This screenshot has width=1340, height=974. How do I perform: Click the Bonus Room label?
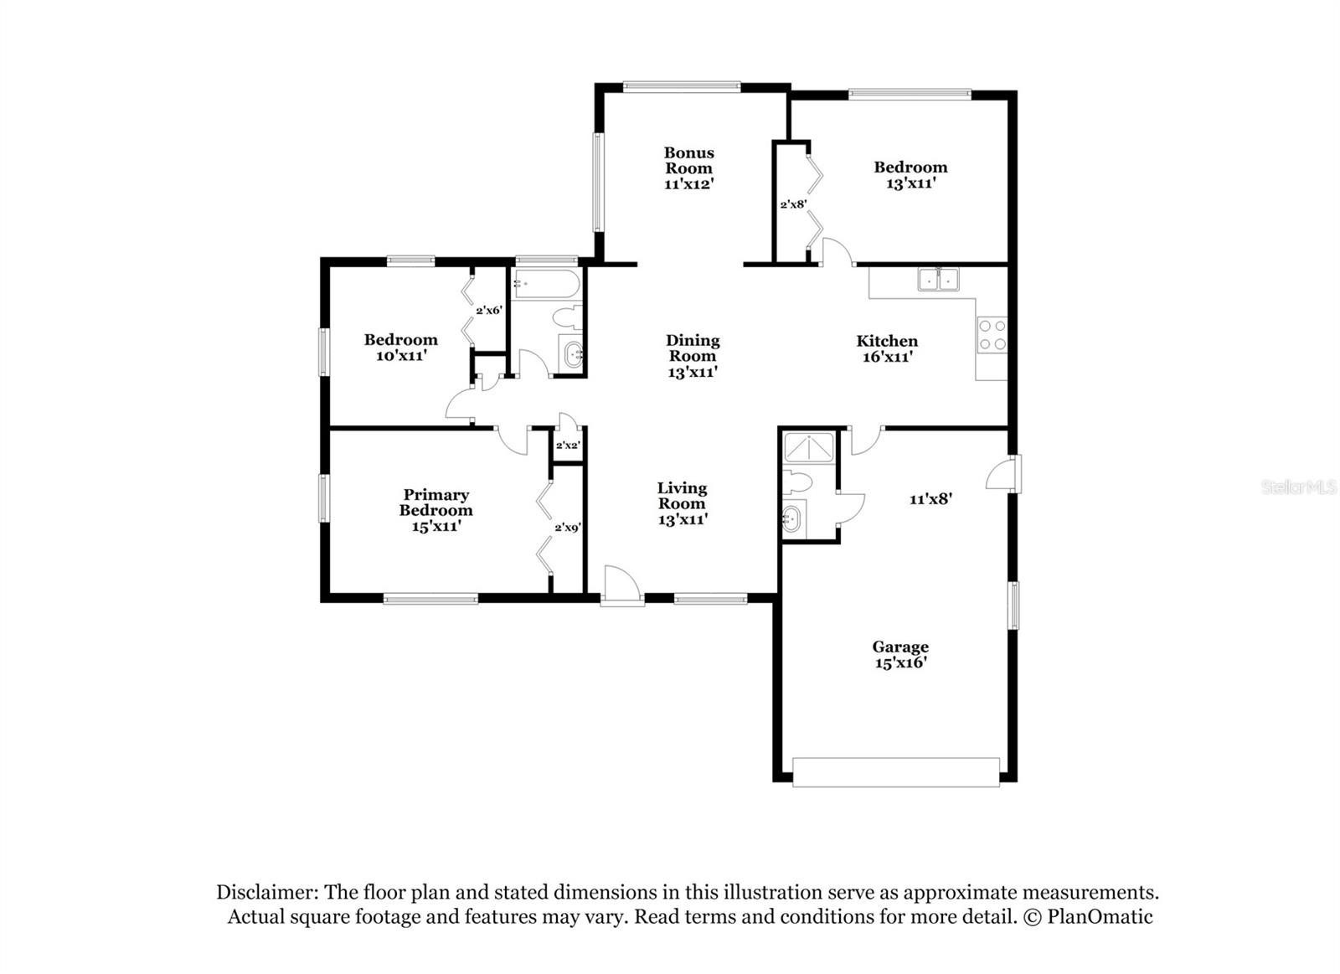pyautogui.click(x=688, y=160)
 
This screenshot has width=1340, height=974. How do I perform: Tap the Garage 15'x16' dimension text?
pyautogui.click(x=900, y=662)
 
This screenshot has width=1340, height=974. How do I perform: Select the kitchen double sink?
pyautogui.click(x=938, y=279)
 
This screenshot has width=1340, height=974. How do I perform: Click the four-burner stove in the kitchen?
pyautogui.click(x=992, y=335)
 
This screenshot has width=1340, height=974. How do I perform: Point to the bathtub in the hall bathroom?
pyautogui.click(x=546, y=284)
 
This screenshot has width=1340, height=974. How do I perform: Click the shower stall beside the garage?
pyautogui.click(x=808, y=448)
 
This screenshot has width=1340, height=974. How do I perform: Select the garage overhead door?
pyautogui.click(x=895, y=771)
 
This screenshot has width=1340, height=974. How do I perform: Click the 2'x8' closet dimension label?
pyautogui.click(x=792, y=204)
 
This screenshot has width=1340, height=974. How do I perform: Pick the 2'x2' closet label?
pyautogui.click(x=568, y=446)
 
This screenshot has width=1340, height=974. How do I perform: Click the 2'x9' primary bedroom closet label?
pyautogui.click(x=567, y=528)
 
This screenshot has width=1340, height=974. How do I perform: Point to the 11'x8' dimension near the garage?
pyautogui.click(x=930, y=499)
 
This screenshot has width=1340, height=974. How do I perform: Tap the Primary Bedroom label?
pyautogui.click(x=435, y=502)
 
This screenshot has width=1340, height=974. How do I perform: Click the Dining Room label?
pyautogui.click(x=693, y=348)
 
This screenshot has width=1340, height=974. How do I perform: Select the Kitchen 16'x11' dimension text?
pyautogui.click(x=887, y=357)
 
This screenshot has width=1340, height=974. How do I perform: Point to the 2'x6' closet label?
pyautogui.click(x=488, y=310)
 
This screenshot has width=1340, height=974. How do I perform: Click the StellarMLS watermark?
pyautogui.click(x=1298, y=487)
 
